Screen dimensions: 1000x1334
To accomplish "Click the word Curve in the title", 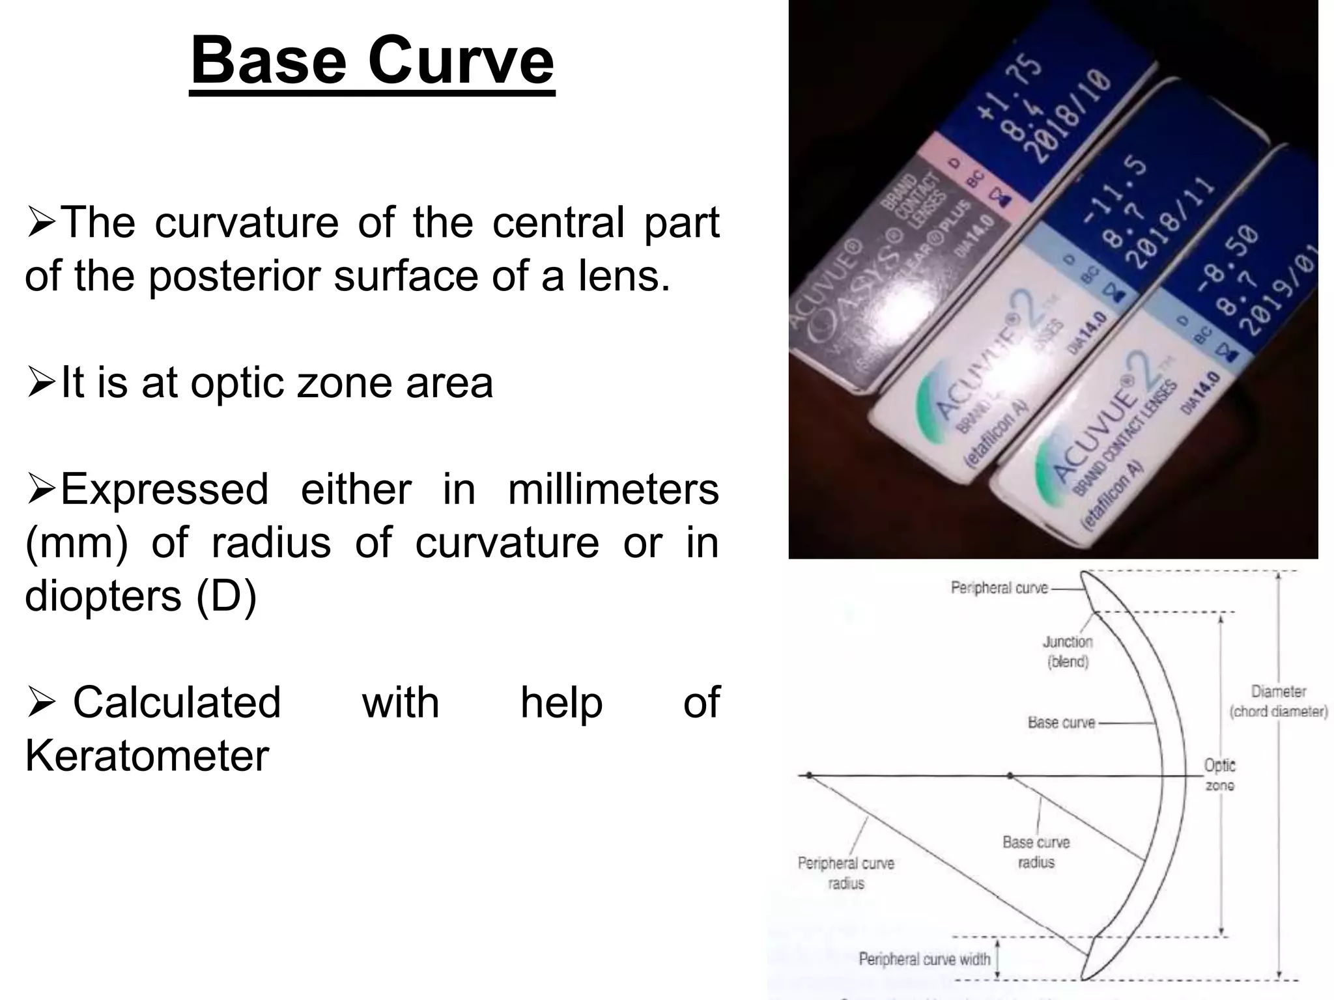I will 461,61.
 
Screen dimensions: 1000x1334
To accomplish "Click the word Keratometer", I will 147,756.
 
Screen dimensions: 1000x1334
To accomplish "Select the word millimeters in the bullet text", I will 613,489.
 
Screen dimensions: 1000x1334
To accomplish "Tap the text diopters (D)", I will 141,596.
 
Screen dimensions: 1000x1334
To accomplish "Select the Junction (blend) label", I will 1068,652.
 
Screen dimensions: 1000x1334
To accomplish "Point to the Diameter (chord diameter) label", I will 1278,701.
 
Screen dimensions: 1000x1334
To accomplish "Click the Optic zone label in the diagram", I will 1219,775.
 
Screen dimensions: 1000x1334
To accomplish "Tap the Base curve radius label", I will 1036,852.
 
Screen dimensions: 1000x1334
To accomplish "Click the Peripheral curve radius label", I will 845,873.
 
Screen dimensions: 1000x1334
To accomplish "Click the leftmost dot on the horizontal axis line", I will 808,775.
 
